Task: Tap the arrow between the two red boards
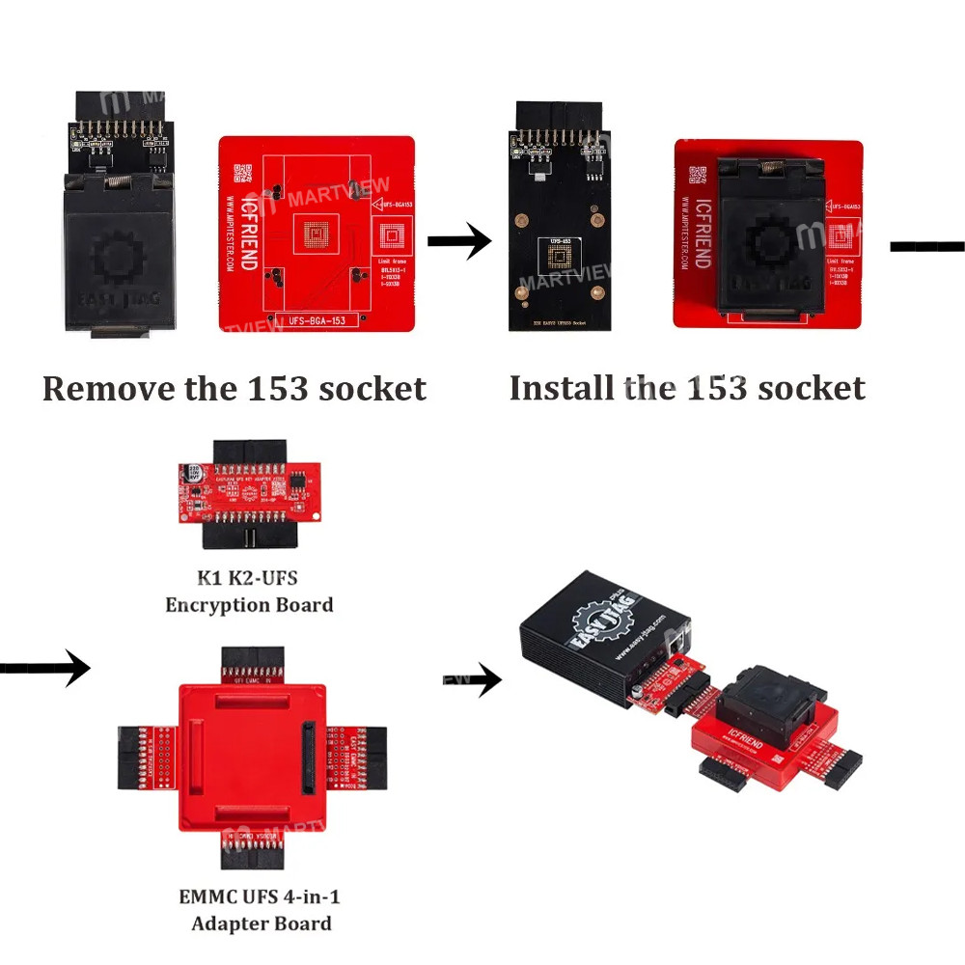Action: click(x=459, y=243)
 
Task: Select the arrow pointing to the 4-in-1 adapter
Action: click(x=44, y=666)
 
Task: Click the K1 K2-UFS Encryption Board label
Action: click(x=249, y=592)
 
